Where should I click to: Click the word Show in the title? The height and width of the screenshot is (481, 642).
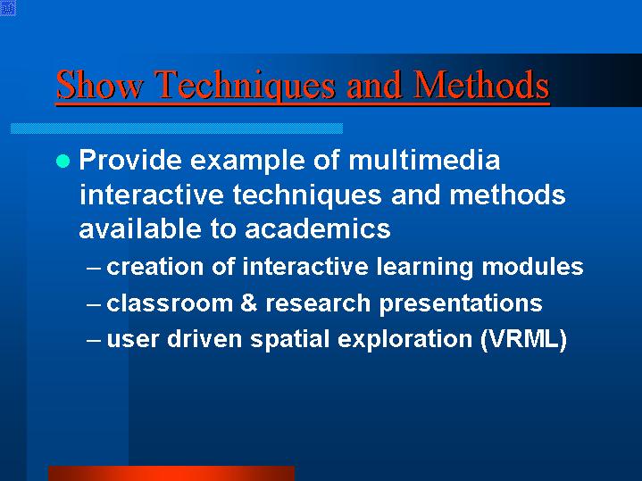(x=100, y=84)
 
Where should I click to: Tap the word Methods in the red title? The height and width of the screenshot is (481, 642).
(x=481, y=84)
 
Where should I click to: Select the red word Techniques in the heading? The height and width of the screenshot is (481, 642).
(x=246, y=86)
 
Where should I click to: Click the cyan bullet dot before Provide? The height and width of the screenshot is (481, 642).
(x=63, y=161)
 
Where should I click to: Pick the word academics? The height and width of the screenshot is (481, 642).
(x=317, y=228)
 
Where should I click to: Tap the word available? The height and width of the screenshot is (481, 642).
(x=140, y=228)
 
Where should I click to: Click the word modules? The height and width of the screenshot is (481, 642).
(x=532, y=267)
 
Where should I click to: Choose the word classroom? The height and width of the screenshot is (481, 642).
(x=170, y=303)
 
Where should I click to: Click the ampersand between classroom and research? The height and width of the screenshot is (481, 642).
(x=249, y=303)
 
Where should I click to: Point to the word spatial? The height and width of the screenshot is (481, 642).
(x=290, y=340)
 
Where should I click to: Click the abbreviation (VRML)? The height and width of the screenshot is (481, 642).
(x=523, y=339)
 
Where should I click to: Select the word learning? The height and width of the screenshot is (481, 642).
(x=425, y=268)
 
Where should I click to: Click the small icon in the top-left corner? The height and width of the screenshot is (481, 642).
(x=8, y=8)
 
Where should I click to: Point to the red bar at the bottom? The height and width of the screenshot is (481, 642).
(x=171, y=473)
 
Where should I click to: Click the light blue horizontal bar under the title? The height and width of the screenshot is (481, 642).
(x=177, y=129)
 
